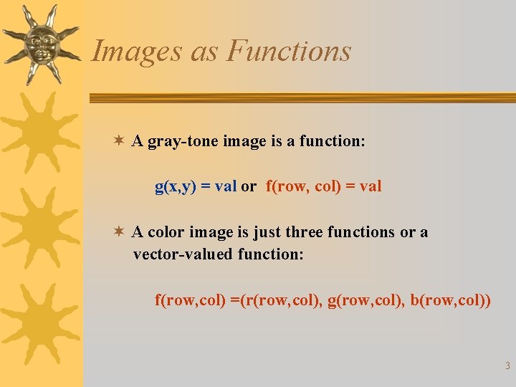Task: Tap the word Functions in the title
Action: (x=289, y=52)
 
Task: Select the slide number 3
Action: (x=507, y=366)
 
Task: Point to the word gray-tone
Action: (x=183, y=141)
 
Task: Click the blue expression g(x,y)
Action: (x=175, y=187)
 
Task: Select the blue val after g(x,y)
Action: (x=226, y=187)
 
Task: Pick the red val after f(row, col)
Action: (x=371, y=187)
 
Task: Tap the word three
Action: (x=305, y=232)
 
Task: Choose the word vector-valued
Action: (x=183, y=254)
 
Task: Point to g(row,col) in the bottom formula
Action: (x=367, y=300)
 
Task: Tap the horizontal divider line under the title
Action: (x=301, y=97)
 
